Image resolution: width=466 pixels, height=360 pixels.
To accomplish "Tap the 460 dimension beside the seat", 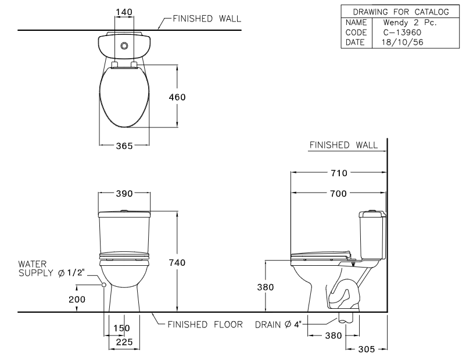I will (177, 97).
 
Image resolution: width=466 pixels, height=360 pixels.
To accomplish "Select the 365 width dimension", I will (124, 145).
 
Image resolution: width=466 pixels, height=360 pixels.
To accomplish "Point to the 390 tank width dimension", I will (124, 193).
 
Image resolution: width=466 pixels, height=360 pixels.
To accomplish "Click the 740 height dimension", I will (177, 263).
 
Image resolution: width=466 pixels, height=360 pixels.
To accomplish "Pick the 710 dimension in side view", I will (339, 173).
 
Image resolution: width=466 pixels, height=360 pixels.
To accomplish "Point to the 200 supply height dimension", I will (77, 299).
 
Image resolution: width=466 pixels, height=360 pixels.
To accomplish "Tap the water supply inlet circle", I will (103, 285).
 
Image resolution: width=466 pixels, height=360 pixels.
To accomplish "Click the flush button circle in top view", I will (124, 45).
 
